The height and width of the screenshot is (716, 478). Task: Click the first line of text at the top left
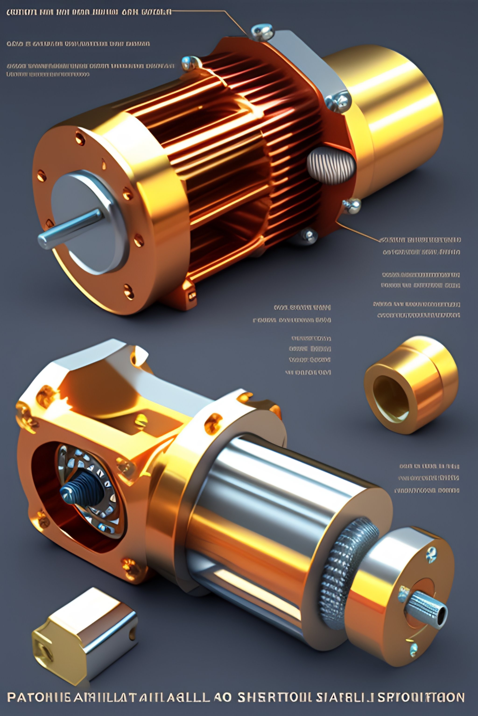(x=88, y=12)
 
